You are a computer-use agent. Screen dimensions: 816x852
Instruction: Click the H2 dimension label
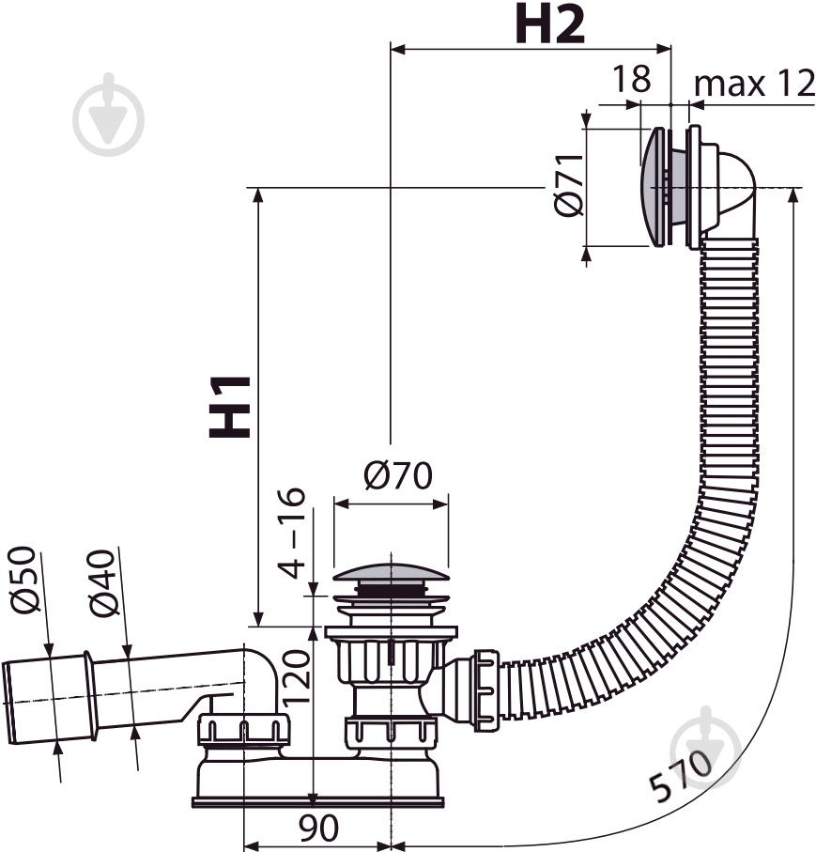pos(550,23)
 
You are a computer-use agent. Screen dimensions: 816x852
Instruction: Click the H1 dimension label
pos(230,407)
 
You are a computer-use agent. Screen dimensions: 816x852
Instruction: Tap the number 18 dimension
pos(631,79)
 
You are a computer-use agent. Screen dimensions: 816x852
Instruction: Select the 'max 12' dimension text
pos(755,84)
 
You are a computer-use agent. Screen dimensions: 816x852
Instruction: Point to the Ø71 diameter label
pos(569,185)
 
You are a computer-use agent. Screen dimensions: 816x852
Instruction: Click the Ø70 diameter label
pos(398,476)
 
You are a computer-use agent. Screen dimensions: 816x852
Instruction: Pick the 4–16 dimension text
pos(292,533)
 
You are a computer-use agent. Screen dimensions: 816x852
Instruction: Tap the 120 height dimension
pos(296,677)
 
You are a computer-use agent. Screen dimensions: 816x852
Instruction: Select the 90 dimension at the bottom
pos(318,828)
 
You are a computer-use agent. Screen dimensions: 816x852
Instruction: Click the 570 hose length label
pos(681,775)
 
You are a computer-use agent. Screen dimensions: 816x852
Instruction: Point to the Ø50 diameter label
pos(24,580)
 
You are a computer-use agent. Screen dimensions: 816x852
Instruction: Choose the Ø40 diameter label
pos(102,583)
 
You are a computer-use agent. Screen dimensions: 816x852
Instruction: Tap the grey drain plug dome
pos(392,572)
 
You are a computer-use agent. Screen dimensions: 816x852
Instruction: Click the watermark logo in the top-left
pos(109,116)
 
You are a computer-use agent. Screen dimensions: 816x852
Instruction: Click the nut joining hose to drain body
pos(485,690)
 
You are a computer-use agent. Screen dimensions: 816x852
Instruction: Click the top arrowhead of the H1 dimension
pos(258,195)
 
